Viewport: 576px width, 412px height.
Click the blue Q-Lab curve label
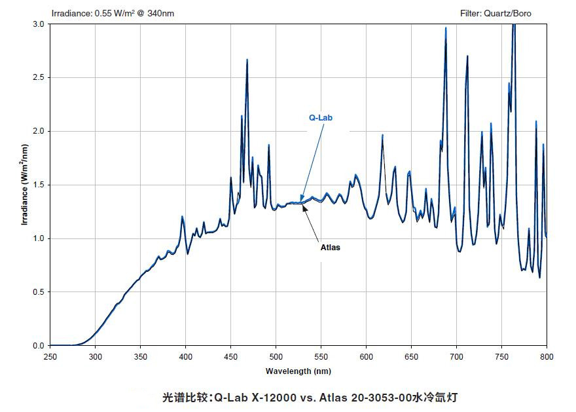point(321,119)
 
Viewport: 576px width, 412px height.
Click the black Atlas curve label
point(330,248)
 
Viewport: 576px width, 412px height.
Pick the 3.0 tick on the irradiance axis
point(39,24)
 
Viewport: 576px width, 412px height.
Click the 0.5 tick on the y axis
point(39,292)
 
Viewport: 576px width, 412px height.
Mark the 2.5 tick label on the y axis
point(39,78)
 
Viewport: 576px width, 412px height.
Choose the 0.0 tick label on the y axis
point(39,346)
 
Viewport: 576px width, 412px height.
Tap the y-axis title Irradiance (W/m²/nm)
point(25,185)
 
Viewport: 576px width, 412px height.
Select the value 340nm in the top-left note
point(161,13)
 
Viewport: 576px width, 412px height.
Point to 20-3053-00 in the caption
point(376,397)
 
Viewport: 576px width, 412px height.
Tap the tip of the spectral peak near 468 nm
point(247,60)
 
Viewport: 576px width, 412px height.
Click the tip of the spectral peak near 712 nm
point(467,56)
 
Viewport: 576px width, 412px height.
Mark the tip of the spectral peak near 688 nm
point(446,28)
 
